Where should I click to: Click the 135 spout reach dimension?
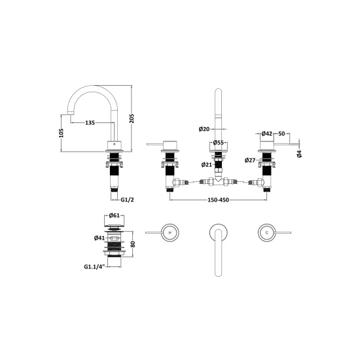tap(90, 123)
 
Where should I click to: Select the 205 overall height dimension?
tap(132, 118)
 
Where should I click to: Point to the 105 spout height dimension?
tap(61, 133)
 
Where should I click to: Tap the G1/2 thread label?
tap(127, 200)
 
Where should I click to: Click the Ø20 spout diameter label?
tap(204, 129)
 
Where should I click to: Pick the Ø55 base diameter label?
tap(219, 143)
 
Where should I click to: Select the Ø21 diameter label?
tap(207, 164)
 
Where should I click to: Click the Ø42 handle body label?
tap(267, 134)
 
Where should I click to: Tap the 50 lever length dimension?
tap(281, 134)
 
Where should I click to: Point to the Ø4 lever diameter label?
tap(299, 154)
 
